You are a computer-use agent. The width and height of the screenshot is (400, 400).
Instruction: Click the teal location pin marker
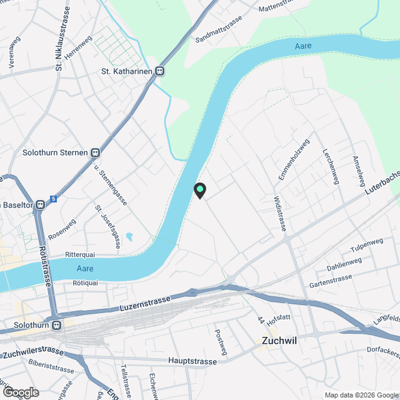point(200,190)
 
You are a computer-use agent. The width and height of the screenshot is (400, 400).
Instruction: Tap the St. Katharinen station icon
point(160,71)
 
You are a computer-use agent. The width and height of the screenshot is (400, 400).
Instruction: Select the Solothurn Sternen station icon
point(95,152)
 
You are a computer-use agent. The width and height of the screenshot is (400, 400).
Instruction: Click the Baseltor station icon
point(40,204)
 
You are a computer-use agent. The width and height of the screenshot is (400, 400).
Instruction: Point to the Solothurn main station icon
point(57,325)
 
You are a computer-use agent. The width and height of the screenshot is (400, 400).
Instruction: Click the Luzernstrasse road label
point(144,304)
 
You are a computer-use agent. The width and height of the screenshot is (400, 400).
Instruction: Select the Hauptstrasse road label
point(192,361)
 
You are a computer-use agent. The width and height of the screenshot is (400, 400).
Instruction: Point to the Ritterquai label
point(79,255)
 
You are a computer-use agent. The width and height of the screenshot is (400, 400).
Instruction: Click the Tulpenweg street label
point(367,246)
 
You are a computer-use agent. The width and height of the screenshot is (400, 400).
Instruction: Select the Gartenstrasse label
point(331,281)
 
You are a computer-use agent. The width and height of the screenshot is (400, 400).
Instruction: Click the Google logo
point(21,392)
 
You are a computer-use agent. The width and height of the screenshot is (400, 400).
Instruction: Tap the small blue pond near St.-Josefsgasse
point(129,237)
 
